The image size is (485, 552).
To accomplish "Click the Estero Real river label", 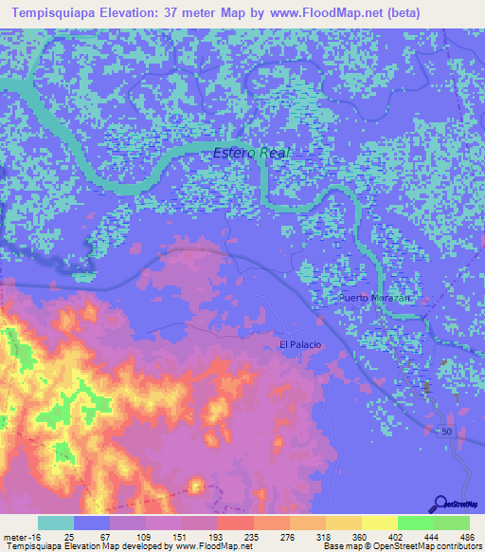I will (x=251, y=152).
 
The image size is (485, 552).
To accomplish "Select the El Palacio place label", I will (x=299, y=344).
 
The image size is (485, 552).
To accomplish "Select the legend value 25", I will (x=57, y=536).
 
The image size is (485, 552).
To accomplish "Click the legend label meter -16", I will (x=19, y=536).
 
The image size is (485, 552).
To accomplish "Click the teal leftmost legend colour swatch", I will (x=56, y=523).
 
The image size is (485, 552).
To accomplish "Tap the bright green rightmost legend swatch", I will (x=452, y=523).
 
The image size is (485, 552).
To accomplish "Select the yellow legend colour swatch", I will (x=380, y=523).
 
